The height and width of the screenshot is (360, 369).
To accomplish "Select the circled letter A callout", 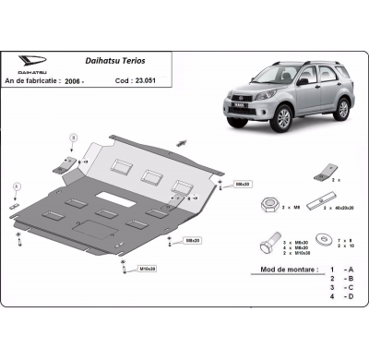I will (16, 186).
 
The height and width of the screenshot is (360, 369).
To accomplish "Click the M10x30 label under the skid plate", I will (147, 269).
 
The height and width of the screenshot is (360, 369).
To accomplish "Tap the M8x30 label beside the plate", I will (243, 184).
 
